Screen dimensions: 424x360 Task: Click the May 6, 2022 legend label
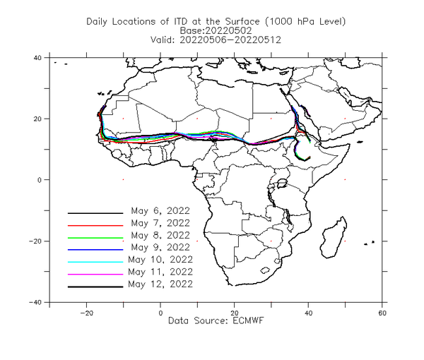point(160,211)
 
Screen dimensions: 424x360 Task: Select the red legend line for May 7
point(95,225)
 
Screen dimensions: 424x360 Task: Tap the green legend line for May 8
point(95,238)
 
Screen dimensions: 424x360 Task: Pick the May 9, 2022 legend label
point(160,247)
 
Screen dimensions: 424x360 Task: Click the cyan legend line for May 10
point(95,262)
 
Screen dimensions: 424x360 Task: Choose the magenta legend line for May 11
point(95,275)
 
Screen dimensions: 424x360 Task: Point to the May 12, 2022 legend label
point(160,284)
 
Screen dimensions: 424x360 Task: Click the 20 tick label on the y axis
point(37,119)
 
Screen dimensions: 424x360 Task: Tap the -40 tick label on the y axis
point(35,302)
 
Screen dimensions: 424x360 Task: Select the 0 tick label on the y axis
point(40,180)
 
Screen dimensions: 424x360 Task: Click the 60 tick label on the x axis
point(382,313)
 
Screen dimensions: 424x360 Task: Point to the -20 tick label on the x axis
point(86,313)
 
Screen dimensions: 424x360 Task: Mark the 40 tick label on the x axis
point(308,313)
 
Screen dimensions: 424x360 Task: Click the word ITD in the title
point(180,21)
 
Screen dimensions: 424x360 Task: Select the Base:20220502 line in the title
point(216,30)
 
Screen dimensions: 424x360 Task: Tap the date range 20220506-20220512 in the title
point(230,40)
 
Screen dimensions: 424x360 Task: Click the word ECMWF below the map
point(248,320)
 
